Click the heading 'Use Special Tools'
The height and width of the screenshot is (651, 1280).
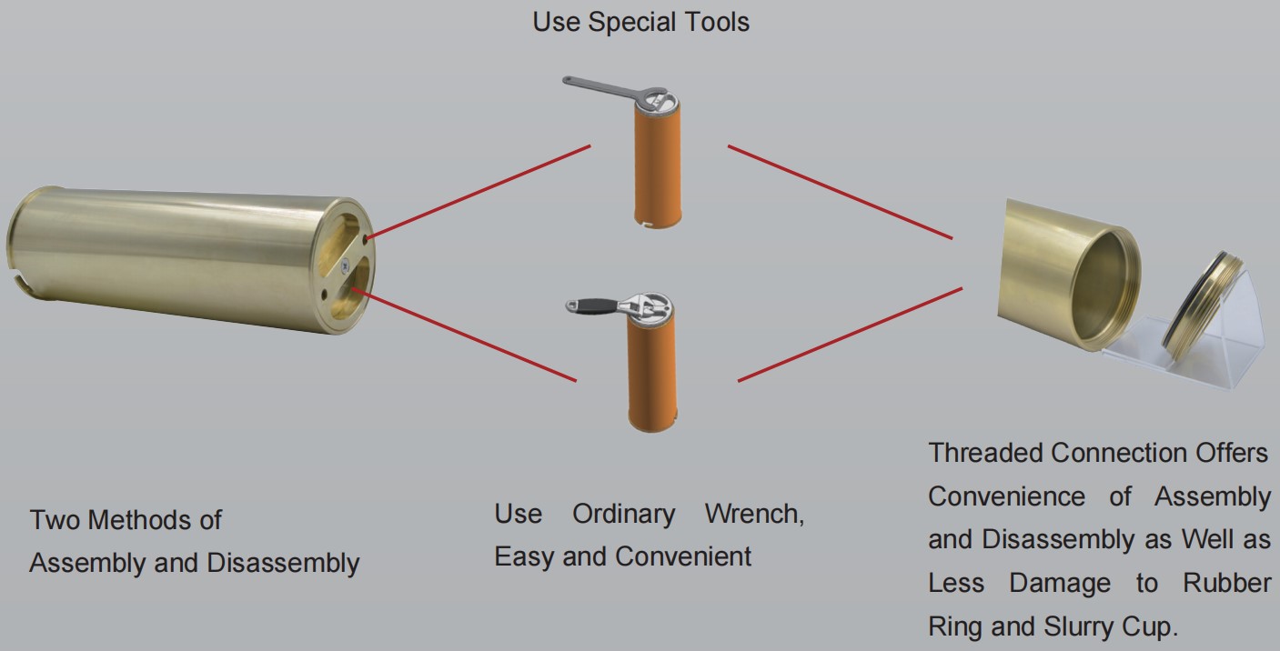click(x=640, y=22)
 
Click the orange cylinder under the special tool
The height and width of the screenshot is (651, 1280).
click(x=657, y=168)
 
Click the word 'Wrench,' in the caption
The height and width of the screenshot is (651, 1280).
click(x=753, y=515)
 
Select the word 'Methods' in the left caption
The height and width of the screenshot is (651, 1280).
click(x=126, y=520)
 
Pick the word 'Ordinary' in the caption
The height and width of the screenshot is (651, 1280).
click(x=623, y=515)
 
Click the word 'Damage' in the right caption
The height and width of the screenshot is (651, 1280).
click(x=1059, y=583)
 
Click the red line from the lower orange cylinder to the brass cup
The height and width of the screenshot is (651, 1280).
click(x=850, y=334)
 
